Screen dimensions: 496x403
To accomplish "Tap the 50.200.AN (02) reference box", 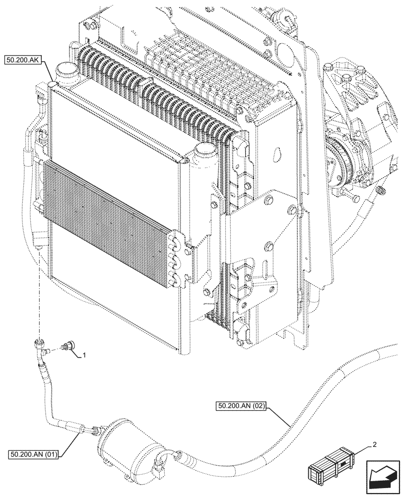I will click(242, 406).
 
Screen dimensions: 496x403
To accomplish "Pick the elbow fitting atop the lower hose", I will click(40, 344).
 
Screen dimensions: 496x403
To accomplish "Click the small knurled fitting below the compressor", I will click(381, 189).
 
